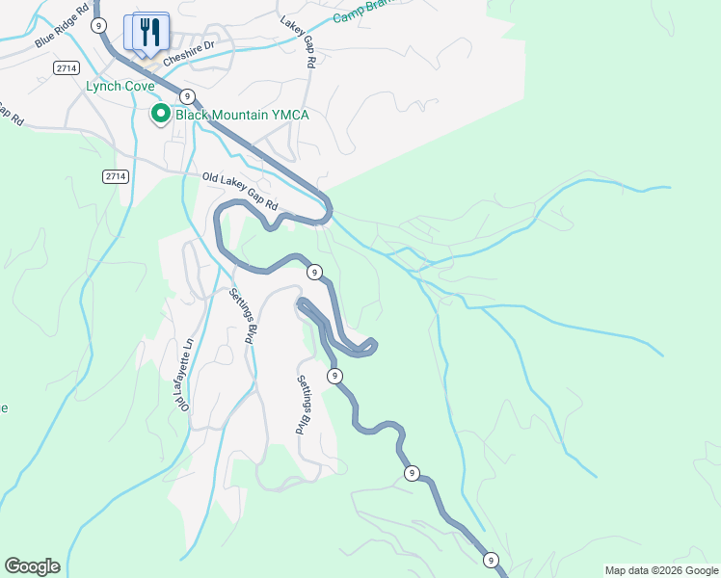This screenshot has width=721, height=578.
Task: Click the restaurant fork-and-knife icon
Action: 147,32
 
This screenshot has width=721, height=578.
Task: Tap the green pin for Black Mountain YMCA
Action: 159,115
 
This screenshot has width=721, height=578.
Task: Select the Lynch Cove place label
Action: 120,86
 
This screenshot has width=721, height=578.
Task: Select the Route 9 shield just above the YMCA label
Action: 187,95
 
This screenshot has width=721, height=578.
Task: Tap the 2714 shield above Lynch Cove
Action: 67,67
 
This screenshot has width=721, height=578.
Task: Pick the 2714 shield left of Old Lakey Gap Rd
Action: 115,175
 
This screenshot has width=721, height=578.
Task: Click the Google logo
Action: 32,566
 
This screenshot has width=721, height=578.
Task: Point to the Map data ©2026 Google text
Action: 661,570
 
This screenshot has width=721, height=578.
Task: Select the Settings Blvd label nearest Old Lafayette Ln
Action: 243,317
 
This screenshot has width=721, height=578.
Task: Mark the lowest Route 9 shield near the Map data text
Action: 491,560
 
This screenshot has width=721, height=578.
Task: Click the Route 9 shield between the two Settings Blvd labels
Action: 334,375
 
